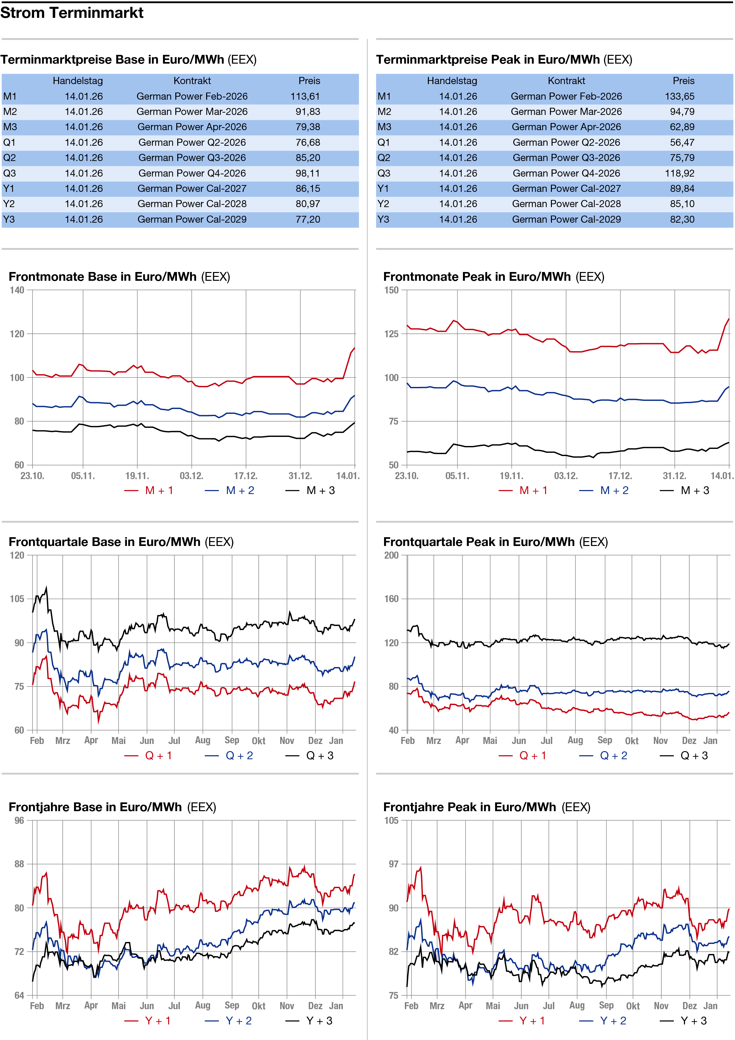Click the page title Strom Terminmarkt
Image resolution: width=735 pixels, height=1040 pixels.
point(72,13)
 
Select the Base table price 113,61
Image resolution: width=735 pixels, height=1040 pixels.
point(305,96)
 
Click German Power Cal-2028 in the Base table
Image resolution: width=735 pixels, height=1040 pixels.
point(192,204)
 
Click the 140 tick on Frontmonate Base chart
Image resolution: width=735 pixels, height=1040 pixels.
point(17,290)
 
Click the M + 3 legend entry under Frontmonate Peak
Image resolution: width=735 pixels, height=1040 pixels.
point(695,490)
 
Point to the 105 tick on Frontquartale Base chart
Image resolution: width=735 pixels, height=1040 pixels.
point(17,599)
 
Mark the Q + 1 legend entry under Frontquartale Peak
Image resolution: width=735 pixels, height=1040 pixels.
point(532,756)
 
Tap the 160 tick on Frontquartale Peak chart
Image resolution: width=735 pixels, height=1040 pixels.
point(392,599)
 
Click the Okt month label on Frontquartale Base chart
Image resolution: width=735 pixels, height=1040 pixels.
point(258,741)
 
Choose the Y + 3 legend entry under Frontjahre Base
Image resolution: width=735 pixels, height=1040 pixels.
point(319,1021)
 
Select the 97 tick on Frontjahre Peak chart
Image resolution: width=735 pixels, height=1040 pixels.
point(393,864)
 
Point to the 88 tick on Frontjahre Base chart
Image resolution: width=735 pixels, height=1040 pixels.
point(19,864)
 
